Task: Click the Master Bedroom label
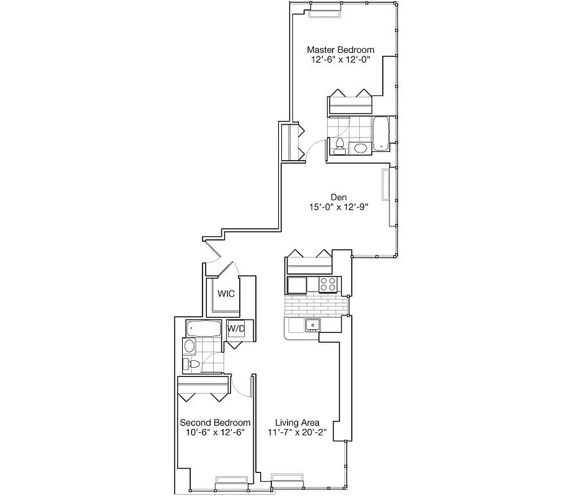pos(341,50)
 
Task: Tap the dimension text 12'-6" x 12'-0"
pos(341,61)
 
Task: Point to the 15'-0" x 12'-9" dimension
pos(338,208)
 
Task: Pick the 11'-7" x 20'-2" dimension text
pos(297,433)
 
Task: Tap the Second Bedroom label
pos(215,422)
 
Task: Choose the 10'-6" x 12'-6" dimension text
pos(215,433)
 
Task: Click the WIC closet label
pos(225,294)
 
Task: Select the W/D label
pos(236,329)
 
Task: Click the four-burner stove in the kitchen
pos(328,285)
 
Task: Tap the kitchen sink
pos(313,324)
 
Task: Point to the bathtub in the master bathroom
pos(380,133)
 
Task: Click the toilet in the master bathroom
pos(339,146)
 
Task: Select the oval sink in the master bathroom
pos(359,148)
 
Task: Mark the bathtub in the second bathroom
pos(202,328)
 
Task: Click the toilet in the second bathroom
pos(191,364)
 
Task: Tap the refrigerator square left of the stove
pos(296,285)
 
